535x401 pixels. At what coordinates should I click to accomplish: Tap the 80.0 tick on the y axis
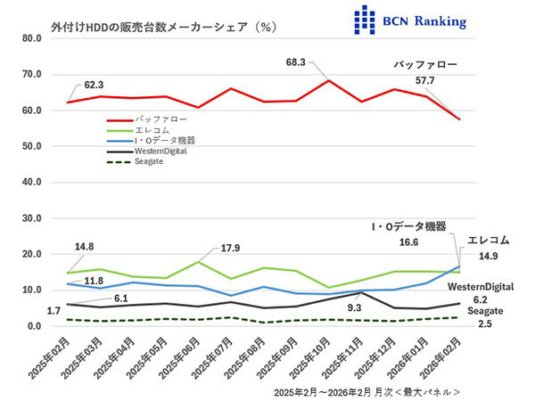[x=31, y=38]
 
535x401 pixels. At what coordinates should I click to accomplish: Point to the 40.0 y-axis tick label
[x=31, y=183]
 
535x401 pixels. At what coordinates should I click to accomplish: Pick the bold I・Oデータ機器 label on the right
[x=409, y=226]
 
